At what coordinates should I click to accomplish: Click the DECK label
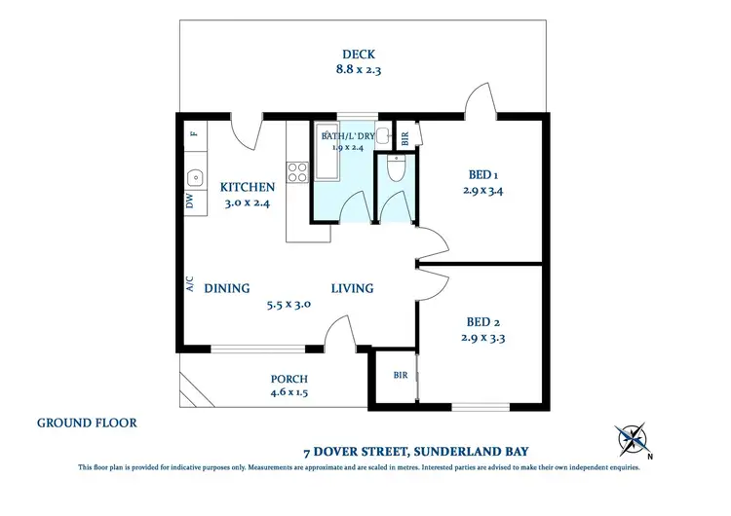[x=358, y=55]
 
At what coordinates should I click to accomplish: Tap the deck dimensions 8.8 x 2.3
[x=358, y=70]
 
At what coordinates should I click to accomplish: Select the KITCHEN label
[x=247, y=187]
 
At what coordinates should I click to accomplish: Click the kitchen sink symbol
[x=195, y=178]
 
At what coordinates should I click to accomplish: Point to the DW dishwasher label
[x=190, y=202]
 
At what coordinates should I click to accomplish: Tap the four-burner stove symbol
[x=297, y=172]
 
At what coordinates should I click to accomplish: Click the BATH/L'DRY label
[x=348, y=136]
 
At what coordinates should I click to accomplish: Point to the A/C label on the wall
[x=190, y=283]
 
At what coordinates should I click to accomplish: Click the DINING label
[x=227, y=288]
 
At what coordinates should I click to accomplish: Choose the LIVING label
[x=352, y=288]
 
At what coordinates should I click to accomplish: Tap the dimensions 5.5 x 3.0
[x=289, y=304]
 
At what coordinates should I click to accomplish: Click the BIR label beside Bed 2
[x=400, y=375]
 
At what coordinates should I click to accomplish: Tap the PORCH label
[x=289, y=379]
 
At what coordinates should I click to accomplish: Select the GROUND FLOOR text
[x=87, y=424]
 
